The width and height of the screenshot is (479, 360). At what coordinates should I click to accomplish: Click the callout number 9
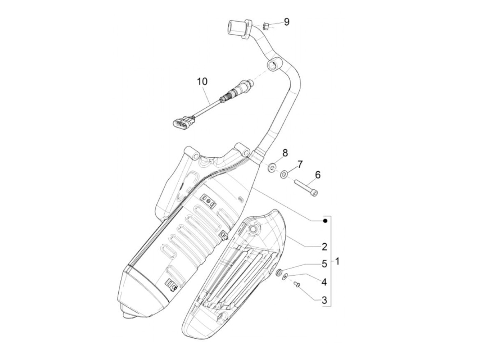coord(286,22)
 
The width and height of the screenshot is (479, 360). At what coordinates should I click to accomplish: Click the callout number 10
coord(202,82)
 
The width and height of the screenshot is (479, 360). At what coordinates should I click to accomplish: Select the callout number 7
coord(300,164)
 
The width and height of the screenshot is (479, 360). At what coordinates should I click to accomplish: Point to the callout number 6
coord(318,175)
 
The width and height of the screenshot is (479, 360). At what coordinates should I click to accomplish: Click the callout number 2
coord(324,246)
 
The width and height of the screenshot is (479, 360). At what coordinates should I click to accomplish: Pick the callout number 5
coord(324,264)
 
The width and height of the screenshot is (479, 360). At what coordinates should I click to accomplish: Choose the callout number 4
coord(324,282)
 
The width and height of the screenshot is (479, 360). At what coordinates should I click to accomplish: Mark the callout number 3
coord(324,300)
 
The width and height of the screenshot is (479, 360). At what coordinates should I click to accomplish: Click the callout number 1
coord(338,262)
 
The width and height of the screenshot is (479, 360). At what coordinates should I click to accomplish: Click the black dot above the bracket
coord(325,221)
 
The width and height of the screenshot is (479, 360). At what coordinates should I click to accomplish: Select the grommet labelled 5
coord(279,273)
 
